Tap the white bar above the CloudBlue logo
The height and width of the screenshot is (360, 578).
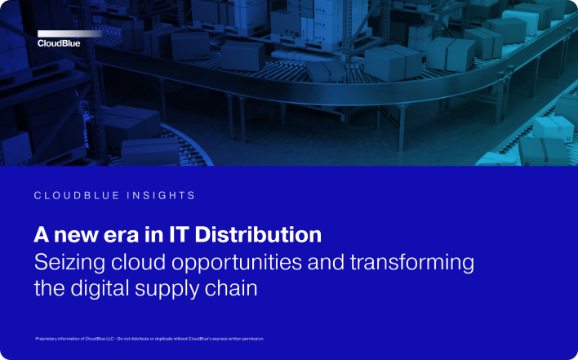tap(69, 33)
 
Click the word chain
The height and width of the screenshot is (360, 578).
tap(233, 289)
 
